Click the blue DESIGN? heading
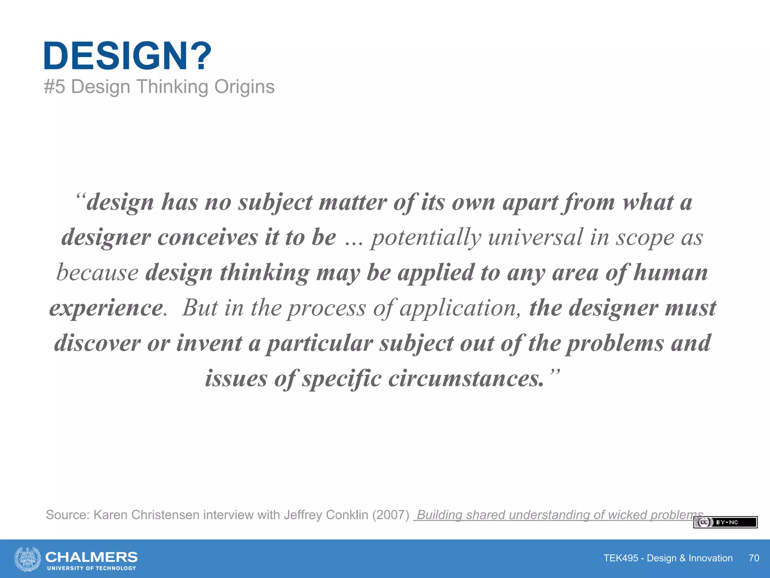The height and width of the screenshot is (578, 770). [x=127, y=56]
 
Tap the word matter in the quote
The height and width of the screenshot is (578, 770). [x=353, y=202]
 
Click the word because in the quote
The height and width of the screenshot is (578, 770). [x=97, y=273]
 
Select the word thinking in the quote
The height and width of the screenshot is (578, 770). [x=264, y=273]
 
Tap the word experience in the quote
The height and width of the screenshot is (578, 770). [x=106, y=308]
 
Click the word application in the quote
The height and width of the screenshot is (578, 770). [x=460, y=308]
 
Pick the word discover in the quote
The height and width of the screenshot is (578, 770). [x=97, y=343]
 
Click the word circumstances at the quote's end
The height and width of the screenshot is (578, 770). [x=466, y=379]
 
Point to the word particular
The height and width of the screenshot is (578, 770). [x=320, y=343]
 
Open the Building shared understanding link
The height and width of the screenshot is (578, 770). [x=559, y=515]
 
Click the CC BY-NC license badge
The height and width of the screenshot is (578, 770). [x=725, y=522]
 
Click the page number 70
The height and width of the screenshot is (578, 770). [x=754, y=558]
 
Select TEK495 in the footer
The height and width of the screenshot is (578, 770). [x=620, y=558]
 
